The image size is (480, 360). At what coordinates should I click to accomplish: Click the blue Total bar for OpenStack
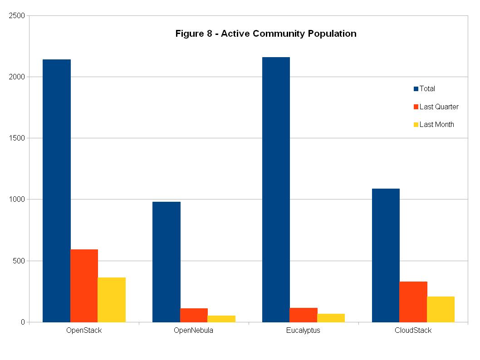[x=57, y=190]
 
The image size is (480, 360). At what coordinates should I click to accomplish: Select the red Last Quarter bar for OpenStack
[x=84, y=286]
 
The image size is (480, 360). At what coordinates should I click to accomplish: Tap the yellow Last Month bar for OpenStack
[x=112, y=300]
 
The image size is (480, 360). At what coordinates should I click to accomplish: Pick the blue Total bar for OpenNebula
[x=167, y=262]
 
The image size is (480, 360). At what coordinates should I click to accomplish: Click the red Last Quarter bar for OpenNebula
[x=194, y=315]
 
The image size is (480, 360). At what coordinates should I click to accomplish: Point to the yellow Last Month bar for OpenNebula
[x=221, y=319]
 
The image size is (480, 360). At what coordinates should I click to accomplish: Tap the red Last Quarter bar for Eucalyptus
[x=304, y=315]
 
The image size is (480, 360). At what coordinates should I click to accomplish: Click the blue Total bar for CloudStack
[x=386, y=255]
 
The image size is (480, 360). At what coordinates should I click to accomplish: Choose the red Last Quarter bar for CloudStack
[x=413, y=302]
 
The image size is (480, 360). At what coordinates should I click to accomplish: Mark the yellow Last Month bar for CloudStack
[x=441, y=309]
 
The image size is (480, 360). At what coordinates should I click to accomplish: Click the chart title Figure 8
[x=266, y=34]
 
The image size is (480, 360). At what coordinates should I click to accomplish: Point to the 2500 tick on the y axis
[x=17, y=16]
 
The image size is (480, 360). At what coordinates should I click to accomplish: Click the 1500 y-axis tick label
[x=17, y=138]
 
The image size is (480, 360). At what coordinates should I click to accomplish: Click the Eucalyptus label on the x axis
[x=303, y=331]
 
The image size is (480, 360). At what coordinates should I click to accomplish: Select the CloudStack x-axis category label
[x=413, y=331]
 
